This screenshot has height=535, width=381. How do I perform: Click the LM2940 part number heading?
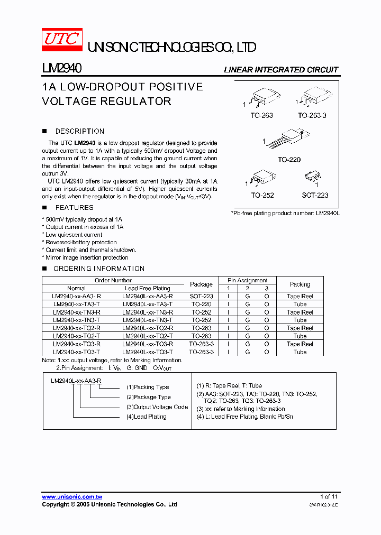[61, 69]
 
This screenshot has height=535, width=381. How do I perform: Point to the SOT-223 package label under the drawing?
[315, 195]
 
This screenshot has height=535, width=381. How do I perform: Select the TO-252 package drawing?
[262, 179]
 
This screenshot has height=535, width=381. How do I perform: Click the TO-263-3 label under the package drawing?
[312, 115]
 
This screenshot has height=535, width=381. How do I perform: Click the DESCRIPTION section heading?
[79, 131]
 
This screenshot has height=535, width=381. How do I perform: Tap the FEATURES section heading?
[74, 208]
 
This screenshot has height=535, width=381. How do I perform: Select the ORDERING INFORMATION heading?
[99, 269]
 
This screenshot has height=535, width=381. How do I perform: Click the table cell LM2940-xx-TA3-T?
[77, 305]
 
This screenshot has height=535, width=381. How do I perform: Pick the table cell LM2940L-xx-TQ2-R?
[147, 328]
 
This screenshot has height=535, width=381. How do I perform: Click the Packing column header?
[300, 284]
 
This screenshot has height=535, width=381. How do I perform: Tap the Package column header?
[201, 284]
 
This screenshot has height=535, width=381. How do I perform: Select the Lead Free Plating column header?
[147, 289]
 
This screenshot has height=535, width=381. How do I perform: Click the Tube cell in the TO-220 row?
[300, 305]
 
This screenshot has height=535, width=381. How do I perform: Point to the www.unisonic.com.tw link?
[72, 497]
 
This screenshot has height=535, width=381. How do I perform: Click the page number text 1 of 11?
[329, 497]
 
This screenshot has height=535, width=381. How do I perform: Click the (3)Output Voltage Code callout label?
[157, 407]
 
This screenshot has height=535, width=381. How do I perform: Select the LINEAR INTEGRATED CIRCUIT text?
[281, 70]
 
